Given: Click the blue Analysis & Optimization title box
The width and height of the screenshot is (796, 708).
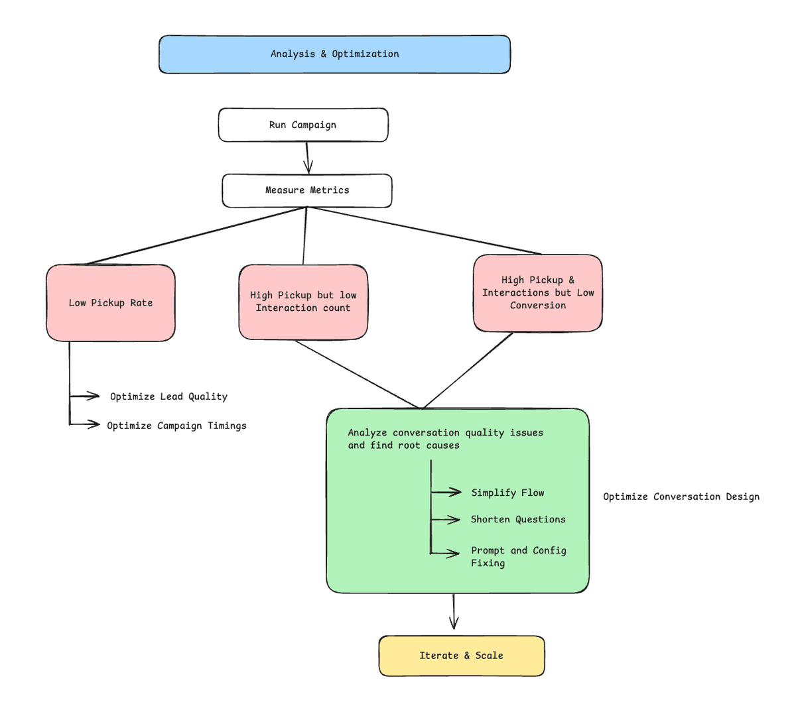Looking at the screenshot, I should [x=334, y=54].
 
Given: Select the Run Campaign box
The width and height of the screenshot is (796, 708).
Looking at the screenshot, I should [x=303, y=125].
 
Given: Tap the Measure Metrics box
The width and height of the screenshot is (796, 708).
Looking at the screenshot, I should [x=307, y=190].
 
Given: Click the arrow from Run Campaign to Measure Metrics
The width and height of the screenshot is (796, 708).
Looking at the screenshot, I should [x=307, y=158].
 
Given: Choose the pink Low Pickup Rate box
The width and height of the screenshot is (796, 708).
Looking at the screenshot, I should [x=111, y=303].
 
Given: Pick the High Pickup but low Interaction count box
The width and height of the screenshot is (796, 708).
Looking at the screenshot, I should [x=303, y=302].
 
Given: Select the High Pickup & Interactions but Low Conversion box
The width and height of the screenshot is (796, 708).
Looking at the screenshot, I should [x=538, y=292].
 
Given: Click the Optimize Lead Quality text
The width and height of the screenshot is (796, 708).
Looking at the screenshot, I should [x=168, y=396].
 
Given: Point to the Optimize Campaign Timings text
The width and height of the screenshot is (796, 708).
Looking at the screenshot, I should [x=176, y=426].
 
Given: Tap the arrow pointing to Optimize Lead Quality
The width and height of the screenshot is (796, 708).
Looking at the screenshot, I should [x=85, y=396].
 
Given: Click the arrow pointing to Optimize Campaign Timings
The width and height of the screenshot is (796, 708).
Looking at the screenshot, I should [x=85, y=424].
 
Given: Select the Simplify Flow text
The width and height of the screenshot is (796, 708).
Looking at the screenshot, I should [x=507, y=493].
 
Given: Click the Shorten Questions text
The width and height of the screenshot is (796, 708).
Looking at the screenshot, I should [x=518, y=519].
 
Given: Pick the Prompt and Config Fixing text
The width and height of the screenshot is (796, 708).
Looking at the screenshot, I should [x=518, y=557].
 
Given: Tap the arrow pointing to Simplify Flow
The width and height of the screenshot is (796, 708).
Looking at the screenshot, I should [x=446, y=492].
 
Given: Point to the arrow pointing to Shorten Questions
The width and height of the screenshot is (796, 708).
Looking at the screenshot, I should [x=446, y=520].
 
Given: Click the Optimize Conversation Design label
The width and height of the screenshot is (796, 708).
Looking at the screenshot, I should [x=681, y=497].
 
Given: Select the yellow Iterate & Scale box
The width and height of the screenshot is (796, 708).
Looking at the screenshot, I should [x=461, y=656].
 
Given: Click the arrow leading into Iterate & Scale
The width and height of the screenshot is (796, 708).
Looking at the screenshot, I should [x=454, y=612].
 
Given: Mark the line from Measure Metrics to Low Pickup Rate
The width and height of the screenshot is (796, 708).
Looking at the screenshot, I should [x=196, y=236].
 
